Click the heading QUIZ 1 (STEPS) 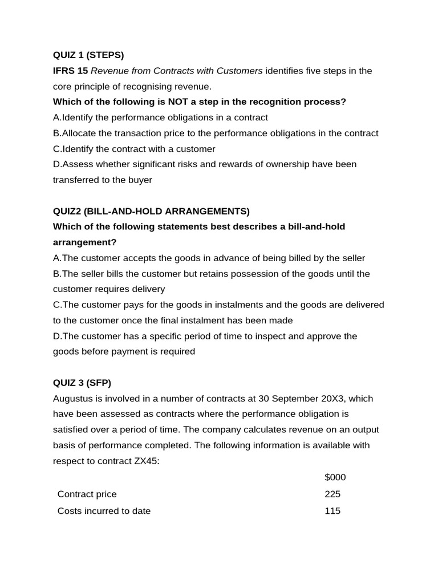(88, 55)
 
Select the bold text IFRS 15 (70, 71)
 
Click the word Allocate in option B (80, 133)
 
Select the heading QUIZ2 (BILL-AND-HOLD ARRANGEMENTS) (151, 211)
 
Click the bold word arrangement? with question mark (84, 242)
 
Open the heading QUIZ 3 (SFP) (86, 383)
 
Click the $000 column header (335, 477)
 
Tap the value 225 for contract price (332, 494)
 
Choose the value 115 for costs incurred (332, 511)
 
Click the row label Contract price (87, 494)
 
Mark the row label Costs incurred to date (104, 511)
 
